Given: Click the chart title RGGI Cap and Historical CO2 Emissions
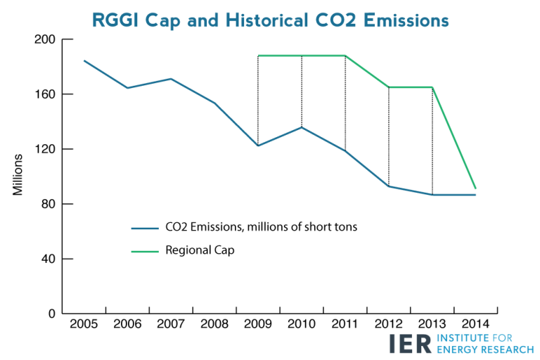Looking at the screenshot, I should (x=270, y=20).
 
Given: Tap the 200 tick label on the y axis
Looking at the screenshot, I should (x=45, y=39).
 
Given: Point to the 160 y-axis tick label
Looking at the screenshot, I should (x=45, y=94).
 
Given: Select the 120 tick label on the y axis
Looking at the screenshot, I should (x=45, y=149).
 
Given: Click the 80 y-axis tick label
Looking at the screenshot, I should (x=48, y=204).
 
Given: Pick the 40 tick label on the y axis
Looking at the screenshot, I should (x=48, y=259).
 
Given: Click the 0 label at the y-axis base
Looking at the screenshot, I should (x=51, y=314).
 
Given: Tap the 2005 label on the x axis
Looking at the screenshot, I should (x=84, y=324).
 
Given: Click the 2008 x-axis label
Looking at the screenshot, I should (x=214, y=324).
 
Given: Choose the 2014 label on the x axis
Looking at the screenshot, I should (x=475, y=324).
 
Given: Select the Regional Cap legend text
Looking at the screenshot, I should (x=200, y=250).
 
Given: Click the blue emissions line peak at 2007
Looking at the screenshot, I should (x=171, y=79).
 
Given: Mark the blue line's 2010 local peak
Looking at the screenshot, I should (x=302, y=127).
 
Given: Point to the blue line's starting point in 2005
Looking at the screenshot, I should (x=84, y=60).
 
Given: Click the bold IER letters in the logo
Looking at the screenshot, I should (x=410, y=343).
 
